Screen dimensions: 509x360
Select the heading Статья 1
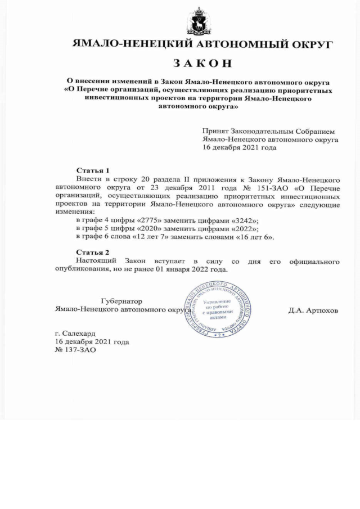(92, 170)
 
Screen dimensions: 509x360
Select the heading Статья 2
(92, 252)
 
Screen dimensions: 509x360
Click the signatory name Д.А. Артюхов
(313, 310)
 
